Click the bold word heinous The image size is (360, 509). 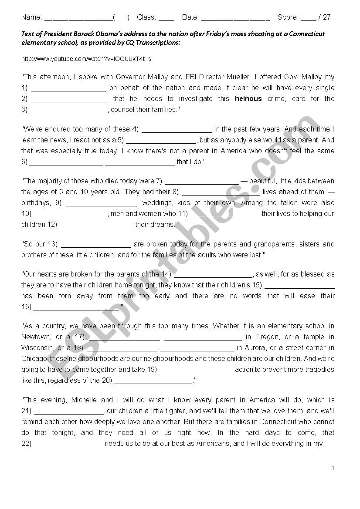pyautogui.click(x=248, y=99)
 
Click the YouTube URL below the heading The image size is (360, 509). pyautogui.click(x=86, y=58)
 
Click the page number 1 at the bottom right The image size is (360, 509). pyautogui.click(x=333, y=469)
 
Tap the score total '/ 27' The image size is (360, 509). pyautogui.click(x=325, y=17)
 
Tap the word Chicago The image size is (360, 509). pyautogui.click(x=34, y=359)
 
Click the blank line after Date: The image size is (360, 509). pyautogui.click(x=236, y=19)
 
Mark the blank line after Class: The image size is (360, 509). pyautogui.click(x=166, y=19)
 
